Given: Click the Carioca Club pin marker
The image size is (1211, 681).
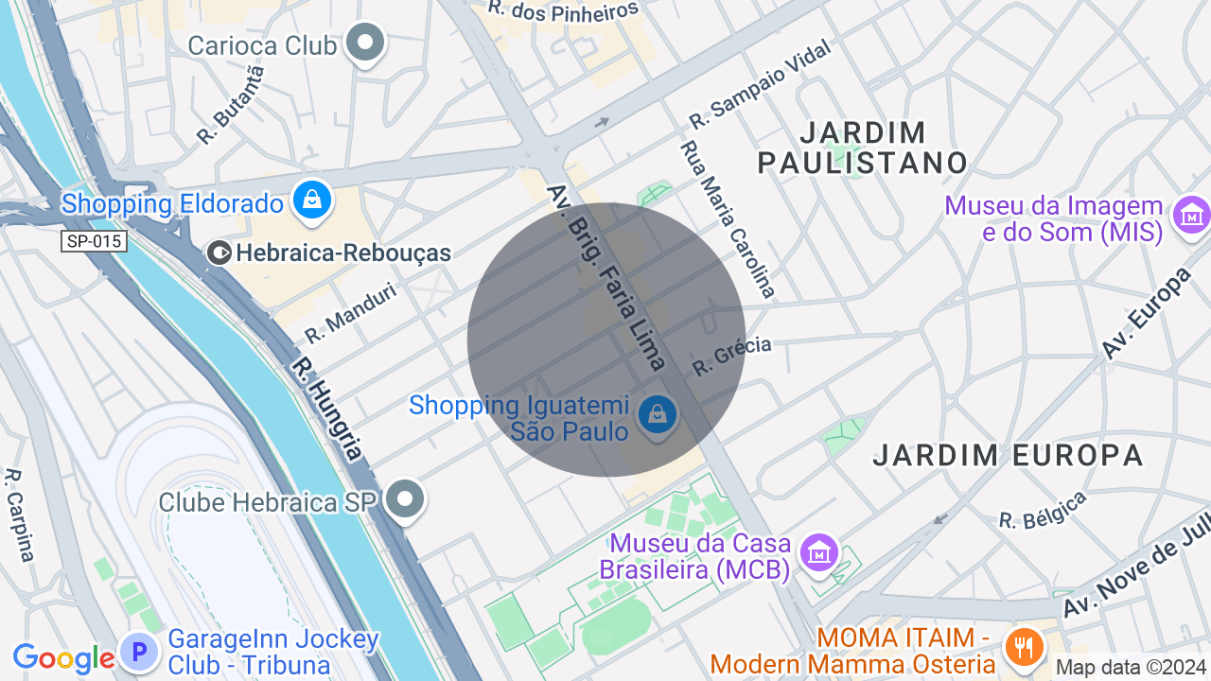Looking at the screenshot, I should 365,43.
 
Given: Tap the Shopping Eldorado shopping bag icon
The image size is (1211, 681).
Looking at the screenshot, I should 311,201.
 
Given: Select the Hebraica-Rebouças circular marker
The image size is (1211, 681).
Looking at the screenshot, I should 219,253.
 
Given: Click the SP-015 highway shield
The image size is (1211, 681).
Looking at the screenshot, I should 95,241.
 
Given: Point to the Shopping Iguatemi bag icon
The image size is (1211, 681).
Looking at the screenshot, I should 657,414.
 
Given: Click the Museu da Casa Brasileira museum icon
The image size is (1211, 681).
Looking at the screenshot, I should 818,551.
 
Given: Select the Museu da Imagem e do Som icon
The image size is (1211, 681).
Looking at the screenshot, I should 1191,216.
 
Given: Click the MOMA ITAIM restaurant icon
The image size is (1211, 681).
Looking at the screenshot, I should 1025,648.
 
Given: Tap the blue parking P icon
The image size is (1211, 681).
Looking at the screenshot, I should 139,652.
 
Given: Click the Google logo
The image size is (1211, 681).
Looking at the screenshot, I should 63,658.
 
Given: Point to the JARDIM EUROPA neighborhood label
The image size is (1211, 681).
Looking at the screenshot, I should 1008,455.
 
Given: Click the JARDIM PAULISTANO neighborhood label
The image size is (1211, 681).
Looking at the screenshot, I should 863,147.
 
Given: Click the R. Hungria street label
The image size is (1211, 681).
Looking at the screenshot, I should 326,408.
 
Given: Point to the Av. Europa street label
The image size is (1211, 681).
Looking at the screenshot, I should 1146,313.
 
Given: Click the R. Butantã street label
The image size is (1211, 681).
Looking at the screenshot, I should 231,105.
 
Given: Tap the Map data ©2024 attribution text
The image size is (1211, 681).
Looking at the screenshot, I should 1131,667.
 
